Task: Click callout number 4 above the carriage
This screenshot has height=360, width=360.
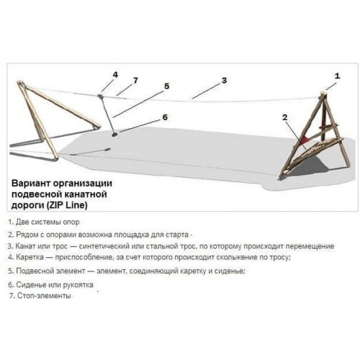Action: (x=115, y=75)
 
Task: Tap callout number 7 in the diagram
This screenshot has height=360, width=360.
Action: (x=136, y=81)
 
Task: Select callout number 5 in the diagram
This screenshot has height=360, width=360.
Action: (x=166, y=86)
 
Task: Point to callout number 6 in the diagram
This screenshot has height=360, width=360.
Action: (x=165, y=117)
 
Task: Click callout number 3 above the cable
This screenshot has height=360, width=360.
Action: (x=224, y=81)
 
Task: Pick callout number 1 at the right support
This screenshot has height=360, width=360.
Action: (x=337, y=76)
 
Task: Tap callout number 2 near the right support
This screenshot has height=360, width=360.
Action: (x=284, y=117)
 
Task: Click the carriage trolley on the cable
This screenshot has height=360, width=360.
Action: (x=100, y=96)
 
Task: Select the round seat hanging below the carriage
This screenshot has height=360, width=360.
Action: (x=114, y=135)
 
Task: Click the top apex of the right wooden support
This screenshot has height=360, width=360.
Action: (x=323, y=93)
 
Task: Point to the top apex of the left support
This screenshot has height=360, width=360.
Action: (x=20, y=83)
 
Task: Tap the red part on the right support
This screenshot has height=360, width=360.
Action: (x=305, y=139)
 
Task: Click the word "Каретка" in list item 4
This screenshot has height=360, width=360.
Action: (x=30, y=258)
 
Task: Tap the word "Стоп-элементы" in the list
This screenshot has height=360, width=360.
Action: (x=44, y=296)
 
